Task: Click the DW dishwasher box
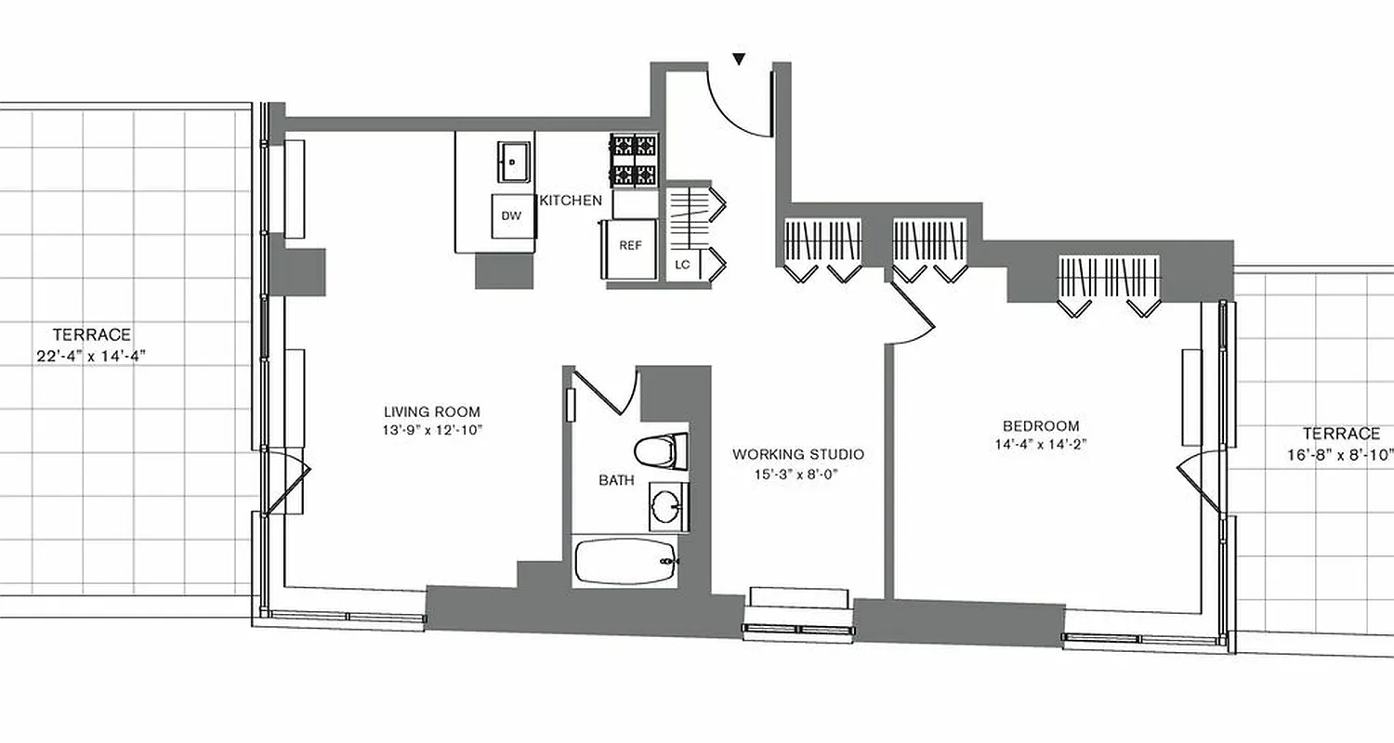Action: coord(511,216)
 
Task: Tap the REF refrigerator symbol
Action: coord(631,246)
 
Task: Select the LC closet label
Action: coord(682,265)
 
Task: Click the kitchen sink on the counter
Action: coord(513,163)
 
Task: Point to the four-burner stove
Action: coord(635,159)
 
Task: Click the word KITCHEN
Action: coord(571,200)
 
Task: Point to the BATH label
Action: coord(616,480)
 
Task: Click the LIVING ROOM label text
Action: coord(432,411)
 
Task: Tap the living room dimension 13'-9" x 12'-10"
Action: coord(432,429)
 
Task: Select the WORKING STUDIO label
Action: coord(798,454)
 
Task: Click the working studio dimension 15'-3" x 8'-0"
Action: coord(798,473)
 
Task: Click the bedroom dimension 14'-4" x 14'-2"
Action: coord(1040,443)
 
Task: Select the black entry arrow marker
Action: coord(739,59)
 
